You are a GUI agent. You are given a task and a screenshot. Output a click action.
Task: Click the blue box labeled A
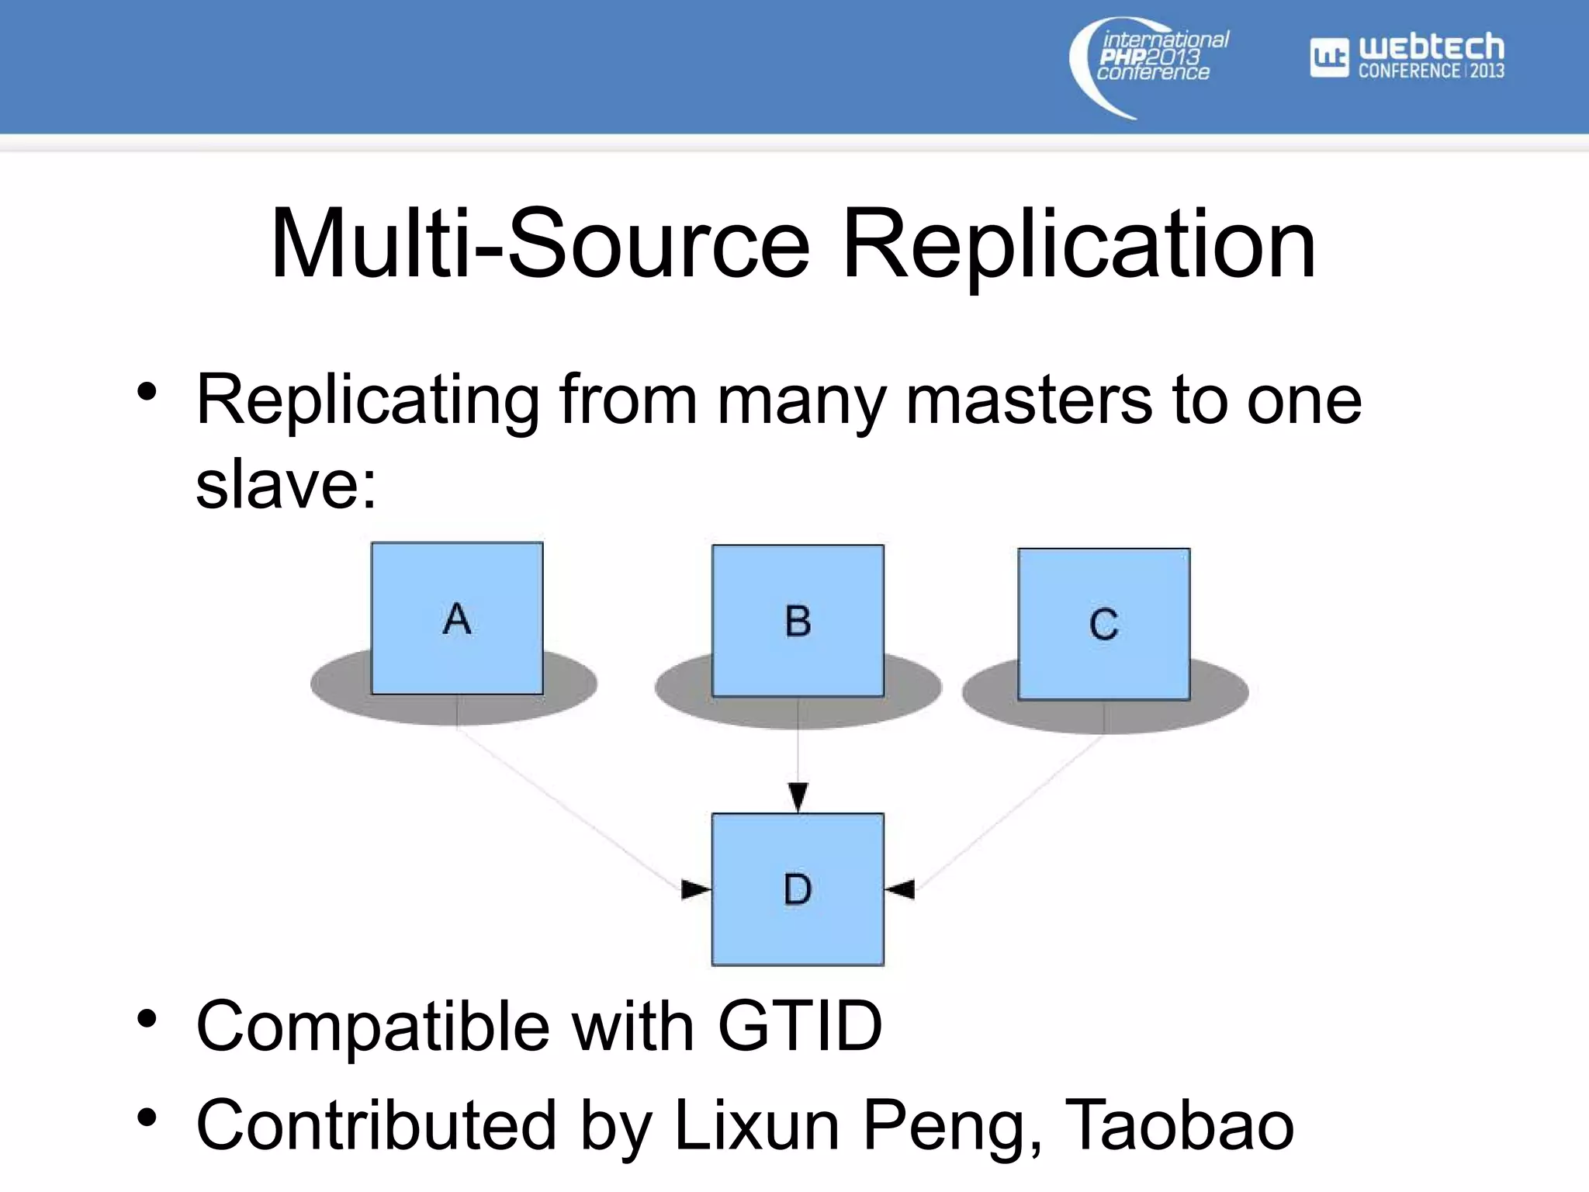click(457, 618)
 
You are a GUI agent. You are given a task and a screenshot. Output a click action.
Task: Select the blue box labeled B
click(798, 620)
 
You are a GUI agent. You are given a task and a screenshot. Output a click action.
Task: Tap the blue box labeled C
click(1103, 624)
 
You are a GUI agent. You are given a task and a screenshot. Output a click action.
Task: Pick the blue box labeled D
click(798, 889)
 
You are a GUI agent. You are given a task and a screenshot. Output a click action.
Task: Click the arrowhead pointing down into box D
click(798, 796)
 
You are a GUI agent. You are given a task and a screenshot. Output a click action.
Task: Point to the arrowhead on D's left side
click(695, 889)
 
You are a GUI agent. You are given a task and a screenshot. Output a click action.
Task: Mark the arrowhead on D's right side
click(901, 889)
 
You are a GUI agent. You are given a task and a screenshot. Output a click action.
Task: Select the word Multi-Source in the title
click(540, 244)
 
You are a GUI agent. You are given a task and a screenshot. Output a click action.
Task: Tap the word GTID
click(800, 1026)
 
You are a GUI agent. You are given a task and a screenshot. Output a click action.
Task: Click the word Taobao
click(1179, 1125)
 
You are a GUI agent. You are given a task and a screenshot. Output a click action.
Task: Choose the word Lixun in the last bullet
click(756, 1125)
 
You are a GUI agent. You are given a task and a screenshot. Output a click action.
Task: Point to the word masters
click(1029, 400)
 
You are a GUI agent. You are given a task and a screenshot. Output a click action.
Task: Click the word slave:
click(286, 484)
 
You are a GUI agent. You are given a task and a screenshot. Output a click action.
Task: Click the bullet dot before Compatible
click(147, 1019)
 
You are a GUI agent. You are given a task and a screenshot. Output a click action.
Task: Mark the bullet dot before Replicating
click(147, 393)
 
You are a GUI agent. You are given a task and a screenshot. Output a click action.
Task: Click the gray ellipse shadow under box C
click(1218, 695)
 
